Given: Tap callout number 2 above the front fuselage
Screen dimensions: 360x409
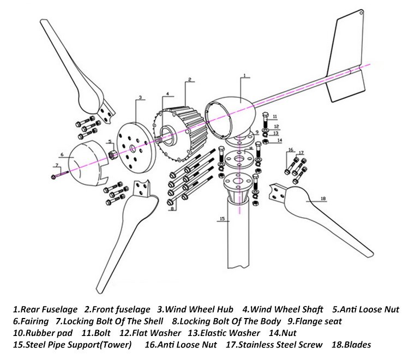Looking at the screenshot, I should [x=189, y=79].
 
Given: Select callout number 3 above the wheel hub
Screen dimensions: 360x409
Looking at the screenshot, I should [x=140, y=98].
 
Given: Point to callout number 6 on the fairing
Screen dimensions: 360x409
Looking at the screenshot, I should [x=63, y=155].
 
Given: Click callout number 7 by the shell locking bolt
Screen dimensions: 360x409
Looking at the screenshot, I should [x=56, y=165].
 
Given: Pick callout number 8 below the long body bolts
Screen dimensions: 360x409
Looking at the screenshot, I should [x=173, y=208].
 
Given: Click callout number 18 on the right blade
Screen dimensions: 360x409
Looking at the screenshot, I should [x=323, y=200].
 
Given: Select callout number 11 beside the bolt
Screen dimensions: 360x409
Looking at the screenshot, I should [x=275, y=116].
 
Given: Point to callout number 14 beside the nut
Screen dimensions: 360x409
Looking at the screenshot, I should [x=280, y=140].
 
